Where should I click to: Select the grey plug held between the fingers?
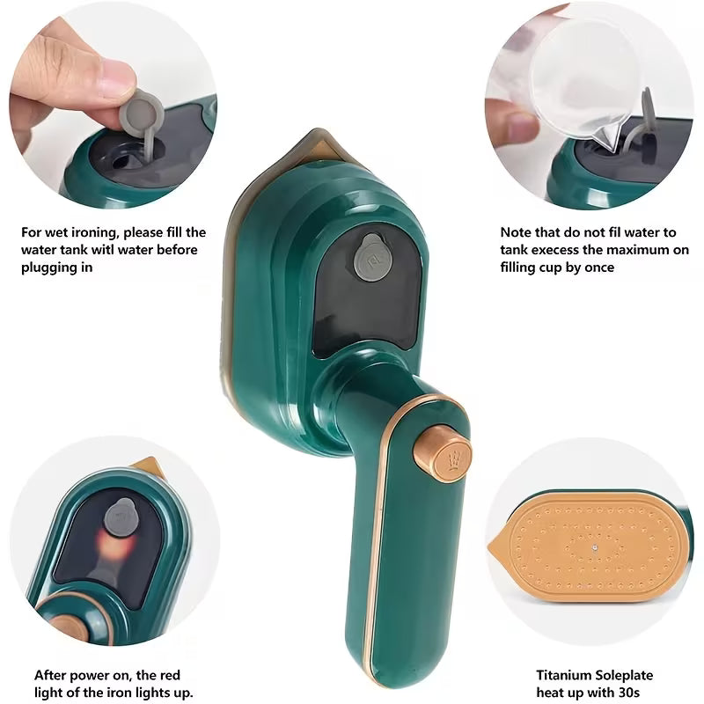point(143,118)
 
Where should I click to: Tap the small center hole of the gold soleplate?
point(595,547)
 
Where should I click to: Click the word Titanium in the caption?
point(564,675)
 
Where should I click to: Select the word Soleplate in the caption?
point(624,675)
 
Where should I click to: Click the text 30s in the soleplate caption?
point(628,693)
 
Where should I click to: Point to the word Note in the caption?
point(515,232)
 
